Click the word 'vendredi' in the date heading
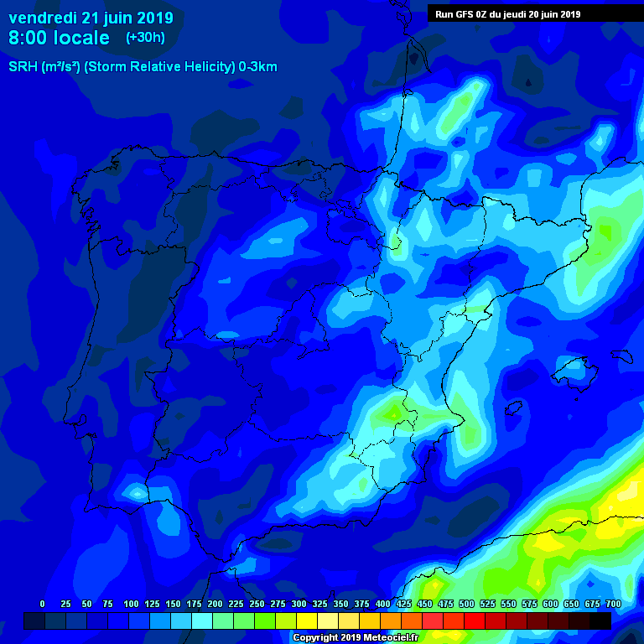pos(42,18)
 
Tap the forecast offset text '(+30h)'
pos(145,38)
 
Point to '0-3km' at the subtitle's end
pos(257,67)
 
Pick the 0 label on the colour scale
pos(42,604)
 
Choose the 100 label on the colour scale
pos(131,604)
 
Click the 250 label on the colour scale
pos(257,604)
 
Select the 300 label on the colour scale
pos(299,604)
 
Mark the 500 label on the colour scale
pos(466,604)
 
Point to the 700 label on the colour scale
pos(613,604)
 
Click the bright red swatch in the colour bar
pos(475,621)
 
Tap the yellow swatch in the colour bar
pos(307,621)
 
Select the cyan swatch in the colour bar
pos(202,621)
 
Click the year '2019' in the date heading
pos(154,18)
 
